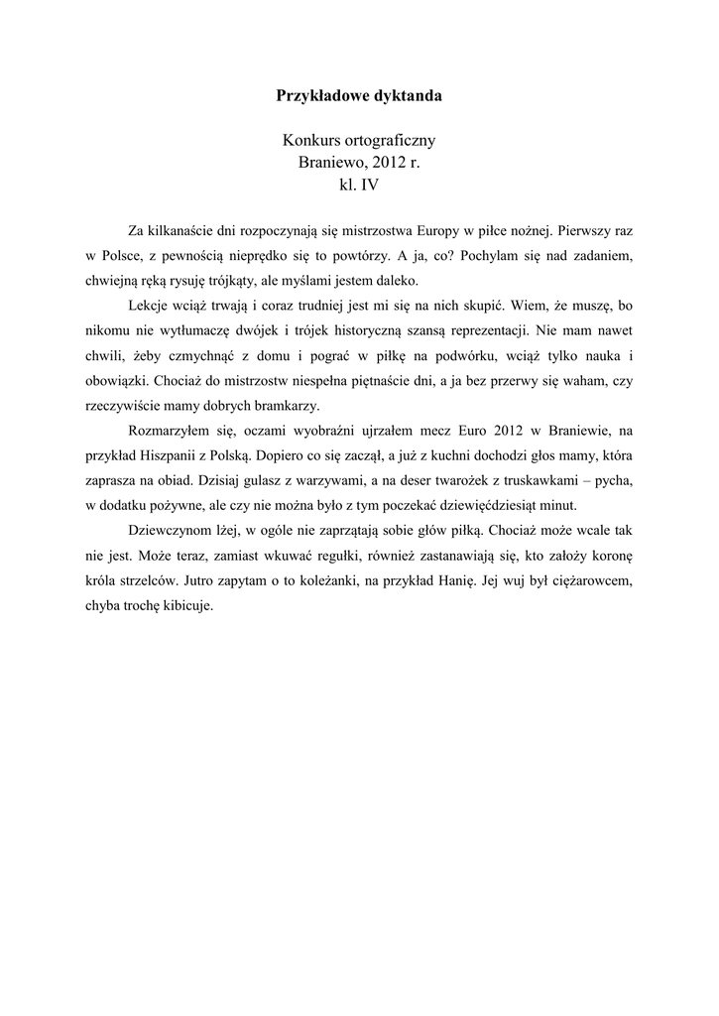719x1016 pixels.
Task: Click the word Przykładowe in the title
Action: click(319, 97)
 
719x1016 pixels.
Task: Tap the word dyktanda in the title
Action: click(407, 97)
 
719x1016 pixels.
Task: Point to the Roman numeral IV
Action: click(370, 185)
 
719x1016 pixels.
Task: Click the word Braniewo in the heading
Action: click(329, 163)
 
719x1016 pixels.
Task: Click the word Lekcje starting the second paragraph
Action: click(151, 307)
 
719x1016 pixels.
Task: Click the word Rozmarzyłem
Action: click(171, 434)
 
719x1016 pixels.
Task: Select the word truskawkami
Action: click(551, 484)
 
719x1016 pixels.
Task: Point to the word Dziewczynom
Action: click(173, 535)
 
